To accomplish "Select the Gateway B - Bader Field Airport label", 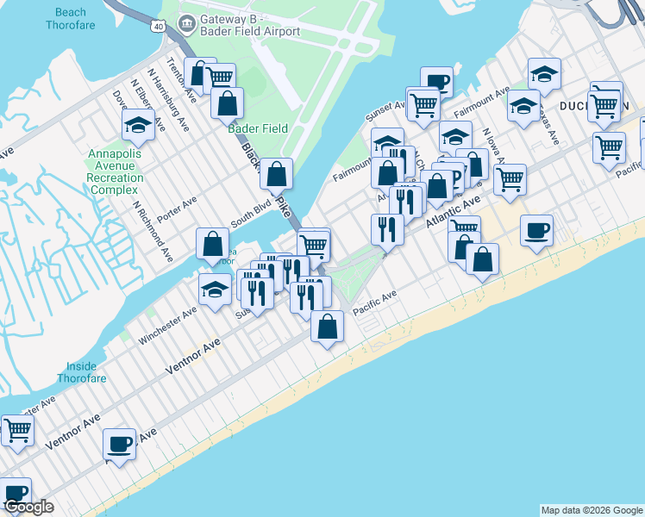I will (238, 25).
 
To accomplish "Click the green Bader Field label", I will (257, 128).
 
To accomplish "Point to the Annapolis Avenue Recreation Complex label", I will (116, 171).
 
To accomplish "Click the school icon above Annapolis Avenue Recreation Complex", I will (138, 126).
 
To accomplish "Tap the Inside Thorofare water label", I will (83, 371).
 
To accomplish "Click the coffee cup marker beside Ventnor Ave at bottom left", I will (119, 445).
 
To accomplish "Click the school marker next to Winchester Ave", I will (215, 290).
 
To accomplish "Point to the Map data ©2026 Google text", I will (591, 510).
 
